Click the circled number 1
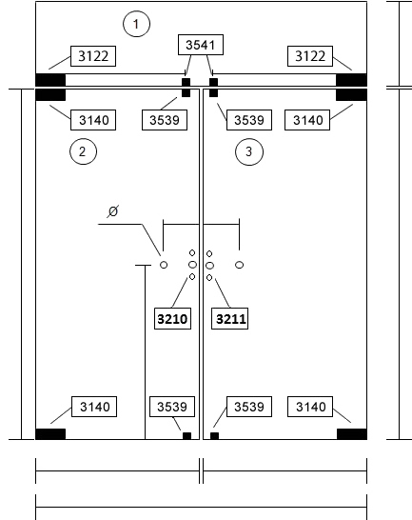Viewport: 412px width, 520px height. pyautogui.click(x=136, y=24)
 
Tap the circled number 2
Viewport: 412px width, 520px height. pyautogui.click(x=83, y=151)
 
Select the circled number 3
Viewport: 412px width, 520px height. pyautogui.click(x=249, y=151)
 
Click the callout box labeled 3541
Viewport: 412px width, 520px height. pyautogui.click(x=201, y=45)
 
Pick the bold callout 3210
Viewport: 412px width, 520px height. pyautogui.click(x=172, y=319)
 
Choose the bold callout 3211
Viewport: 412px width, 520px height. pyautogui.click(x=229, y=319)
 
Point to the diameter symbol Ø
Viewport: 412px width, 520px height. pyautogui.click(x=113, y=211)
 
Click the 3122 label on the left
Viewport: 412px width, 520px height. pyautogui.click(x=93, y=56)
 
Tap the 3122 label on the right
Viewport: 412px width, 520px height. pyautogui.click(x=310, y=56)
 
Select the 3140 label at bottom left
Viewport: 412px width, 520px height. pyautogui.click(x=94, y=407)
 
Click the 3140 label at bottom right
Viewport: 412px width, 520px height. pyautogui.click(x=310, y=407)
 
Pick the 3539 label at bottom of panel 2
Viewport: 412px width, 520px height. pyautogui.click(x=172, y=407)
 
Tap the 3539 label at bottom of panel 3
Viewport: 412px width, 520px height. pyautogui.click(x=249, y=407)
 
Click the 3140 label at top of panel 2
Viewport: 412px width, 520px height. pyautogui.click(x=93, y=120)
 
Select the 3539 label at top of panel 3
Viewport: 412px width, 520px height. pyautogui.click(x=249, y=120)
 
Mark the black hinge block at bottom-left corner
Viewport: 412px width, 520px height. pyautogui.click(x=50, y=434)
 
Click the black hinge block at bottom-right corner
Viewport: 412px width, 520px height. pyautogui.click(x=352, y=434)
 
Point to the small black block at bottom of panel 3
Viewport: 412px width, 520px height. pyautogui.click(x=214, y=436)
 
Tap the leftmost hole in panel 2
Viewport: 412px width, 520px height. pyautogui.click(x=164, y=265)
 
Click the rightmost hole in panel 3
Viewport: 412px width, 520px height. pyautogui.click(x=240, y=265)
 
